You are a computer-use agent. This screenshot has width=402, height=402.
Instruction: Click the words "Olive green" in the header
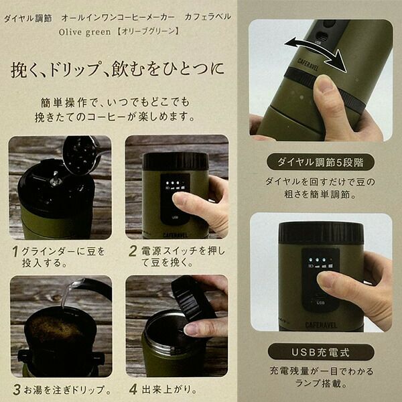(85, 32)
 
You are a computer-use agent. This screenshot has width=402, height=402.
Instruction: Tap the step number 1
(15, 251)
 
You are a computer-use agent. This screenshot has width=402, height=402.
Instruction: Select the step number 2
(133, 251)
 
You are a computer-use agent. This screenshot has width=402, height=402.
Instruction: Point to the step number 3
(16, 390)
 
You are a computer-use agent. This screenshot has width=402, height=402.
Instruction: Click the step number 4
(133, 390)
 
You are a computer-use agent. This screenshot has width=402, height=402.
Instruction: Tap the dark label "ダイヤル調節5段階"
(320, 162)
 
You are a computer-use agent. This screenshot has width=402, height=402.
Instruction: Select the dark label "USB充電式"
(321, 352)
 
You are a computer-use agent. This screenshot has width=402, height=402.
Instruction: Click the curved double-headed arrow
(315, 52)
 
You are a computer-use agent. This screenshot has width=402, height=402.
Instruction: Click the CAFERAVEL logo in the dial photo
(308, 64)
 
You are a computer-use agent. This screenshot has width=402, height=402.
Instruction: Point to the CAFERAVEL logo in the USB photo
(321, 325)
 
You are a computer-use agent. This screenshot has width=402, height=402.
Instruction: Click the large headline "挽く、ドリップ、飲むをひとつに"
(117, 69)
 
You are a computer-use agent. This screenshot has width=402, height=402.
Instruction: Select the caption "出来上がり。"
(170, 390)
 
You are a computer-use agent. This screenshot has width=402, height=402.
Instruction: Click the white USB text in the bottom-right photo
(320, 303)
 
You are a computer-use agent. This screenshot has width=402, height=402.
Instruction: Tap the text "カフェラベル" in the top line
(208, 17)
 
